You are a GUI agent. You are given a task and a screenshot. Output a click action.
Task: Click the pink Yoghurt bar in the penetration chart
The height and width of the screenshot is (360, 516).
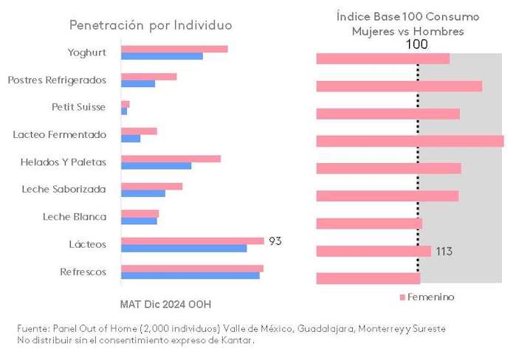pyautogui.click(x=174, y=49)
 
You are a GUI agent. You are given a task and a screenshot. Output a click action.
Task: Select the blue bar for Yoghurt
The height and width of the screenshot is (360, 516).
pyautogui.click(x=162, y=56)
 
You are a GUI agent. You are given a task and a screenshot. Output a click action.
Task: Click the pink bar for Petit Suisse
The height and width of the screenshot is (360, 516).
pyautogui.click(x=125, y=104)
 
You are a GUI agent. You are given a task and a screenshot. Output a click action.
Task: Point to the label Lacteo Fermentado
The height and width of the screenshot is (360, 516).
pyautogui.click(x=60, y=134)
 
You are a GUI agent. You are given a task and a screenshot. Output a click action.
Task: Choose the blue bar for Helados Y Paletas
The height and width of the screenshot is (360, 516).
pyautogui.click(x=156, y=165)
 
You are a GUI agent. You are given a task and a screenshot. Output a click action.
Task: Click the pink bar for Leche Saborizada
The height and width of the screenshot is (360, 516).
pyautogui.click(x=151, y=186)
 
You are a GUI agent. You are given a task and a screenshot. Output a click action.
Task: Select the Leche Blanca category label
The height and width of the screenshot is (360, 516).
pyautogui.click(x=75, y=217)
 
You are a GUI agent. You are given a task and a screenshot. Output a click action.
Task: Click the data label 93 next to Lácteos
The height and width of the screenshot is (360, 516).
pyautogui.click(x=275, y=241)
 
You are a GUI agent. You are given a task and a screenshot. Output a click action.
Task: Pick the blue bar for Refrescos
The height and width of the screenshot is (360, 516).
pyautogui.click(x=190, y=276)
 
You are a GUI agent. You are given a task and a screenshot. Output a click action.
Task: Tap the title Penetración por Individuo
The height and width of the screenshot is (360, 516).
pyautogui.click(x=151, y=25)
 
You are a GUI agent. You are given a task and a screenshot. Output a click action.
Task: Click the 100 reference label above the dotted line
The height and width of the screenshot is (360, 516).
pyautogui.click(x=417, y=44)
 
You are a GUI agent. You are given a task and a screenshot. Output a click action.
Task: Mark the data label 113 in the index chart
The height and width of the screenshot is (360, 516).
pyautogui.click(x=444, y=252)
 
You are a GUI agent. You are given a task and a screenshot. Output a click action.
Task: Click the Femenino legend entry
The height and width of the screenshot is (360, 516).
pyautogui.click(x=427, y=297)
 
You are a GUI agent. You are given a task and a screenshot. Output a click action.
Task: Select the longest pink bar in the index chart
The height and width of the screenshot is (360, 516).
pyautogui.click(x=410, y=141)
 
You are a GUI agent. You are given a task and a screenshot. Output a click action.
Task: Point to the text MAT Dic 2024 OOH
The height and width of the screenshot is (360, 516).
pyautogui.click(x=170, y=303)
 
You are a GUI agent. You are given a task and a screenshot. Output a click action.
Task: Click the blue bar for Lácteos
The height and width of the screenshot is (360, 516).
pyautogui.click(x=184, y=248)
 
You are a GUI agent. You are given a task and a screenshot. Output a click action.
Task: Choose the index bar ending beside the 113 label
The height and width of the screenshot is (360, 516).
pyautogui.click(x=373, y=252)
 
